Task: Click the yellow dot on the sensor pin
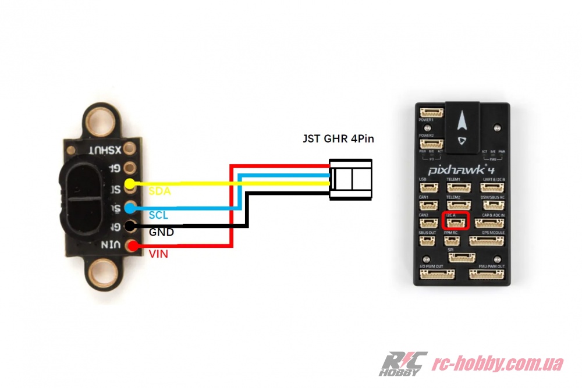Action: point(131,184)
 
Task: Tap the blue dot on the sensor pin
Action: point(131,208)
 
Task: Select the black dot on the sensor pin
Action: point(131,227)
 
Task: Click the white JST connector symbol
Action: point(350,179)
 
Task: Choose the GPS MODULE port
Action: point(487,240)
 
